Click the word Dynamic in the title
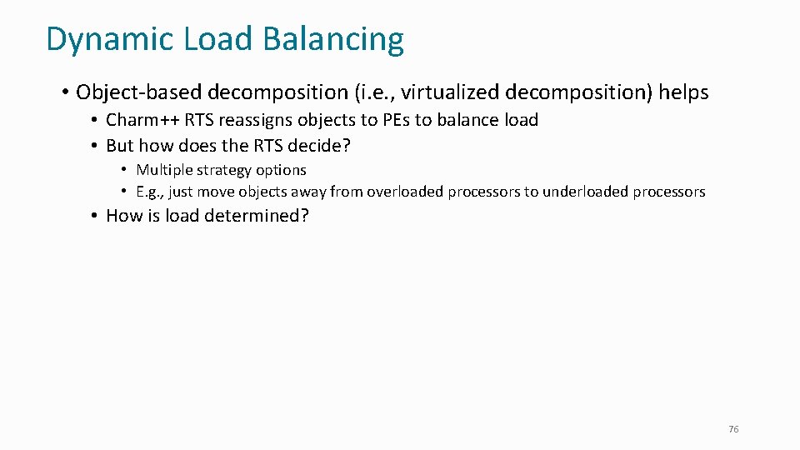(98, 40)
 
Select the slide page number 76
(733, 429)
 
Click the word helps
(683, 92)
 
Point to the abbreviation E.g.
(150, 192)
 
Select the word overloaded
(404, 192)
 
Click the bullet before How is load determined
(96, 216)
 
